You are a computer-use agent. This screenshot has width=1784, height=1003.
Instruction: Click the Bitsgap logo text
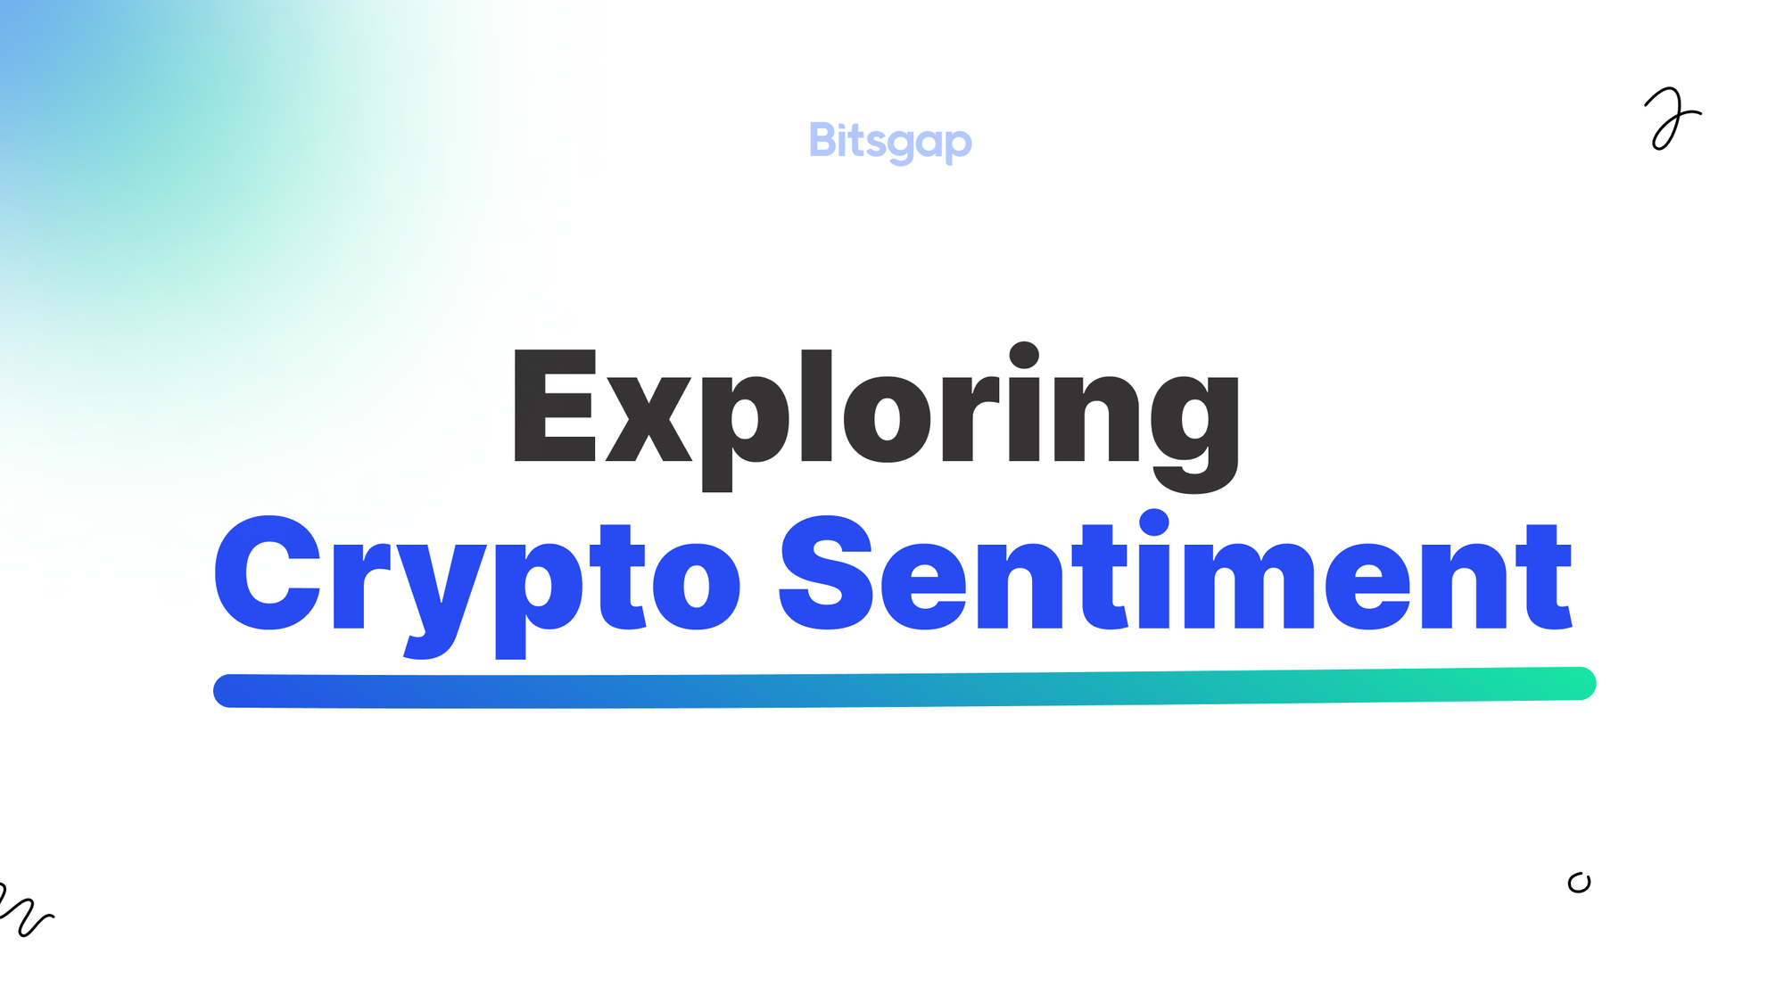[x=890, y=141]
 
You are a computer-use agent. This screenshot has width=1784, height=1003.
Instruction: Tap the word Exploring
[x=875, y=408]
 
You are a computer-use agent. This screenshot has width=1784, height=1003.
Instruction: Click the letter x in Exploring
[x=649, y=419]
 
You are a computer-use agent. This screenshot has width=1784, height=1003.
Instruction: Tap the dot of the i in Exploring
[x=1024, y=354]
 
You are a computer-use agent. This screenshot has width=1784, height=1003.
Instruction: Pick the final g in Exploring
[x=1194, y=428]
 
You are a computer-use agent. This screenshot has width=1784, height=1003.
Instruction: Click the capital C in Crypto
[x=268, y=573]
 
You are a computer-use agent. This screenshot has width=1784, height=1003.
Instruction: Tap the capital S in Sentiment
[x=826, y=573]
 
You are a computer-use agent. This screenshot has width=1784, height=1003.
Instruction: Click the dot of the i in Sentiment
[x=1154, y=522]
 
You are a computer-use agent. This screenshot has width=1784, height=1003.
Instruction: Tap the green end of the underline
[x=1579, y=684]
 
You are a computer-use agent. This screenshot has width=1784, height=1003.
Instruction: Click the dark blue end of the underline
[x=232, y=691]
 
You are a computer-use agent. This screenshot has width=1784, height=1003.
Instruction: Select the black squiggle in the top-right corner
[x=1671, y=119]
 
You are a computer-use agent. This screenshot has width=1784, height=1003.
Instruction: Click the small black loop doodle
[x=1579, y=883]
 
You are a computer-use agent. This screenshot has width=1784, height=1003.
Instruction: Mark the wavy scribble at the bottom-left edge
[x=25, y=909]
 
